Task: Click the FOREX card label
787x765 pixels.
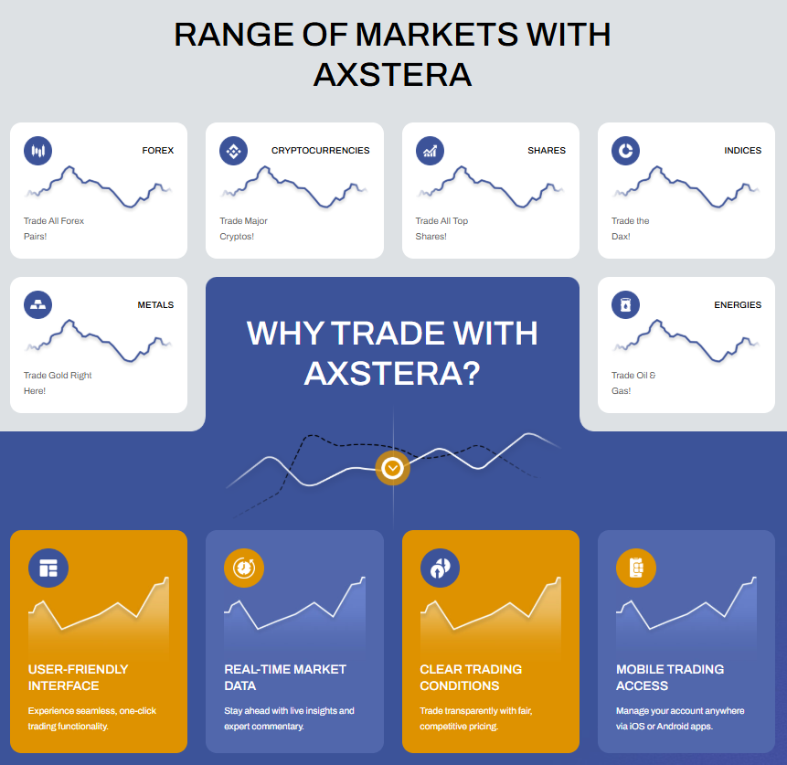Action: click(157, 151)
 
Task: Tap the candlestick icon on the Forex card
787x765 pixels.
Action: click(38, 151)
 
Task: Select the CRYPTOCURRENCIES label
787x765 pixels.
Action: click(320, 151)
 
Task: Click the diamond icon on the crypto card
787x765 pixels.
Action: click(233, 151)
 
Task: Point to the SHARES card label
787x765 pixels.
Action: click(547, 151)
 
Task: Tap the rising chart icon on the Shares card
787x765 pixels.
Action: click(431, 151)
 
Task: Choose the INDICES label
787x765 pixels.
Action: click(743, 151)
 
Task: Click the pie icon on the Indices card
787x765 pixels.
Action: click(626, 151)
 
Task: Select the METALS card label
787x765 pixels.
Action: click(155, 305)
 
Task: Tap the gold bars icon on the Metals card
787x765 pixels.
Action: click(38, 304)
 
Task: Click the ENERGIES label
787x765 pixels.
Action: click(738, 305)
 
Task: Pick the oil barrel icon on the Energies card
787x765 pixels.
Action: click(626, 304)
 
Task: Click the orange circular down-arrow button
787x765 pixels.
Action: click(392, 468)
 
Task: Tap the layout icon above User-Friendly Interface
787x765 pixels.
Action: click(48, 568)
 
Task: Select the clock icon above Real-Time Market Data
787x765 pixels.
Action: click(244, 568)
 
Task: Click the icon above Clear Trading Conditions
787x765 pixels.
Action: click(441, 568)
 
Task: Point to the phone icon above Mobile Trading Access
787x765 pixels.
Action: click(636, 568)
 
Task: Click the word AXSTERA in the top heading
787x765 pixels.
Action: click(393, 75)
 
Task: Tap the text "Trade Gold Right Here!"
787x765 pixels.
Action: click(58, 383)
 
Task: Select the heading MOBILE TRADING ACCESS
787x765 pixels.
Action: click(670, 677)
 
